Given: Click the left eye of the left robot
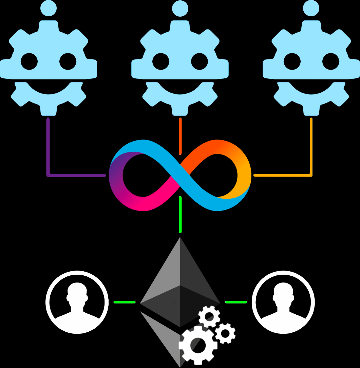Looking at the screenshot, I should [x=29, y=61].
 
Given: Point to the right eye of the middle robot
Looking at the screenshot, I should [x=199, y=61].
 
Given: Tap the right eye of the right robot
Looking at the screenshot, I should [x=330, y=61].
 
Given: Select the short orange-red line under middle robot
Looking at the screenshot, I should [x=180, y=136].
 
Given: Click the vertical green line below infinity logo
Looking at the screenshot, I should [x=180, y=215].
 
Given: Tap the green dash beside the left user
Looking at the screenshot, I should [x=124, y=302].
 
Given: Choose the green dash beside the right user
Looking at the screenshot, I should [x=236, y=302].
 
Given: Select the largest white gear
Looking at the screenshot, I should [x=198, y=345].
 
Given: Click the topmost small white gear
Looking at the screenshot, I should [x=209, y=316].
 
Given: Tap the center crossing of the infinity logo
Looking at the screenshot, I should [x=180, y=175].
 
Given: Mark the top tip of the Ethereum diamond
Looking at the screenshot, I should [x=180, y=238].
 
